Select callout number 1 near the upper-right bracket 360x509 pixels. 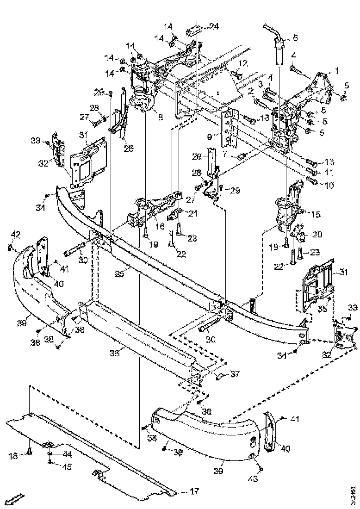pyautogui.click(x=337, y=71)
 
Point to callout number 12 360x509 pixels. pyautogui.click(x=243, y=63)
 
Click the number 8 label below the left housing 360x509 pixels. pyautogui.click(x=160, y=118)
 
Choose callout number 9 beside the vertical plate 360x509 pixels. pyautogui.click(x=210, y=137)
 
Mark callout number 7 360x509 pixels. pyautogui.click(x=224, y=153)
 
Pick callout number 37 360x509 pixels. pyautogui.click(x=235, y=374)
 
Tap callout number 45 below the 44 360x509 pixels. pyautogui.click(x=67, y=467)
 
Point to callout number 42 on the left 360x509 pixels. pyautogui.click(x=16, y=235)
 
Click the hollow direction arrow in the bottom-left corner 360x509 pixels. pyautogui.click(x=16, y=498)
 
